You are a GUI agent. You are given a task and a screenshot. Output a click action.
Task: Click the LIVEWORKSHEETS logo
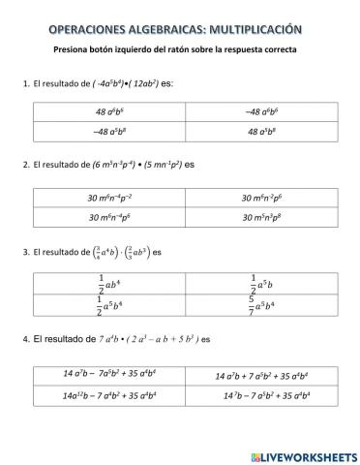coord(302,455)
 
